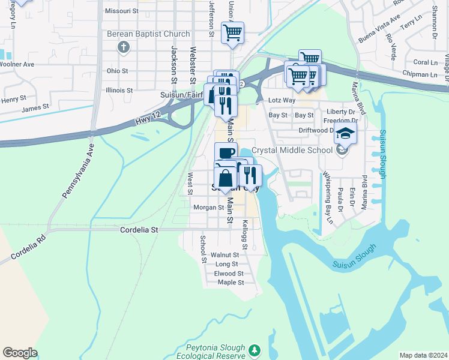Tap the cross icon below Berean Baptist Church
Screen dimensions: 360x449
coord(124,47)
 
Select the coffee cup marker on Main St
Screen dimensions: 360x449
coord(226,153)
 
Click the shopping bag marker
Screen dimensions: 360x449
coord(224,179)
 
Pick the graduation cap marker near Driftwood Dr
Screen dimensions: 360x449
coord(346,133)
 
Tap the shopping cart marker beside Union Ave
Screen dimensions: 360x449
coord(232,32)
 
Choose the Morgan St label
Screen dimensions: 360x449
coord(208,208)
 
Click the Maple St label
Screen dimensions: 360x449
coord(231,282)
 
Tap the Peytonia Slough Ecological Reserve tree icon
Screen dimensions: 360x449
coord(255,349)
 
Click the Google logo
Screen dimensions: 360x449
coord(20,353)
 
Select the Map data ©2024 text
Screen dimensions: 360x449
coord(423,355)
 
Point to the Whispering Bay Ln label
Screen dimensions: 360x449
coord(328,198)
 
